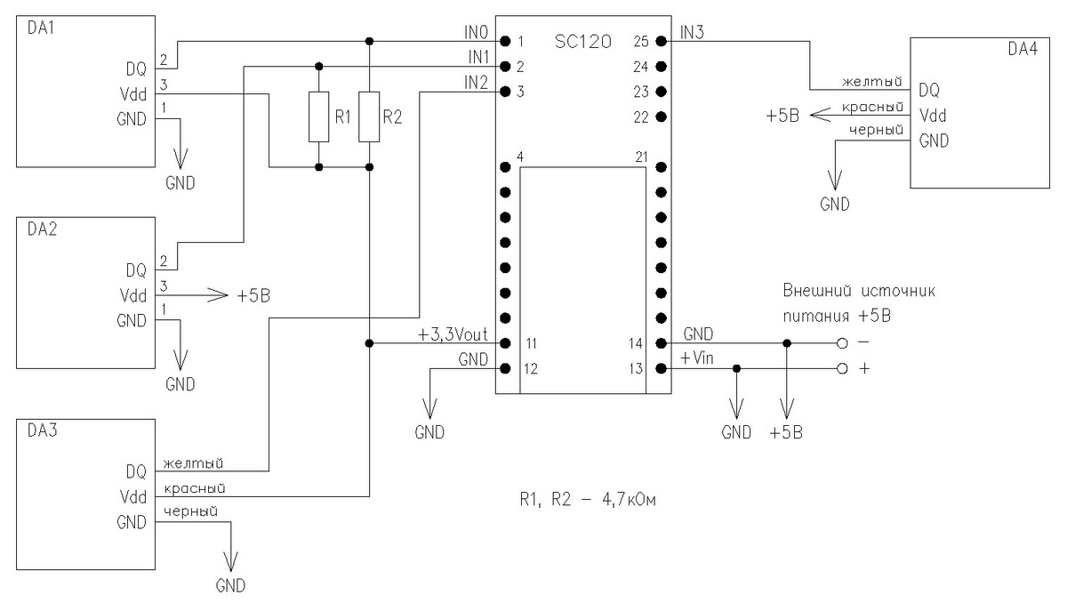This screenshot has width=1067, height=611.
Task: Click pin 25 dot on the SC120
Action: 661,41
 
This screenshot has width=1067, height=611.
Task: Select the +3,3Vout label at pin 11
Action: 452,335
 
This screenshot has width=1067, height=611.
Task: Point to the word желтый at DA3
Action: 192,463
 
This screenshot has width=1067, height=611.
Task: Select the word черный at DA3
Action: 190,511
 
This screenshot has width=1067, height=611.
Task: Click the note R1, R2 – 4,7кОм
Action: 587,500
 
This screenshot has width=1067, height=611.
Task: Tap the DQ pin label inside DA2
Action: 136,269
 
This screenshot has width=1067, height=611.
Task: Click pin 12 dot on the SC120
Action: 504,368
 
